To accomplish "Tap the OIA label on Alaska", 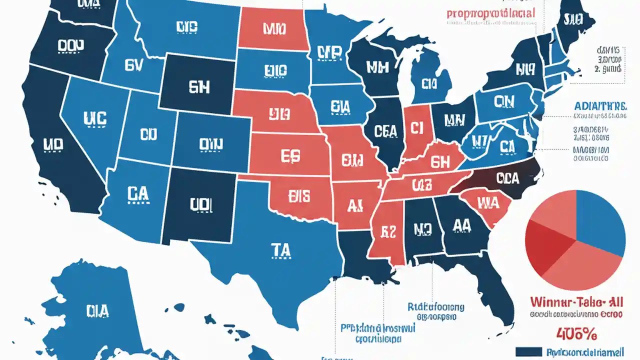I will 97,311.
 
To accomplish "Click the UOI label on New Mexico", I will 201,204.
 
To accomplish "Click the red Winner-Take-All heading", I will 576,301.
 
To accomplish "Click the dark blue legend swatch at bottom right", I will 528,352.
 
